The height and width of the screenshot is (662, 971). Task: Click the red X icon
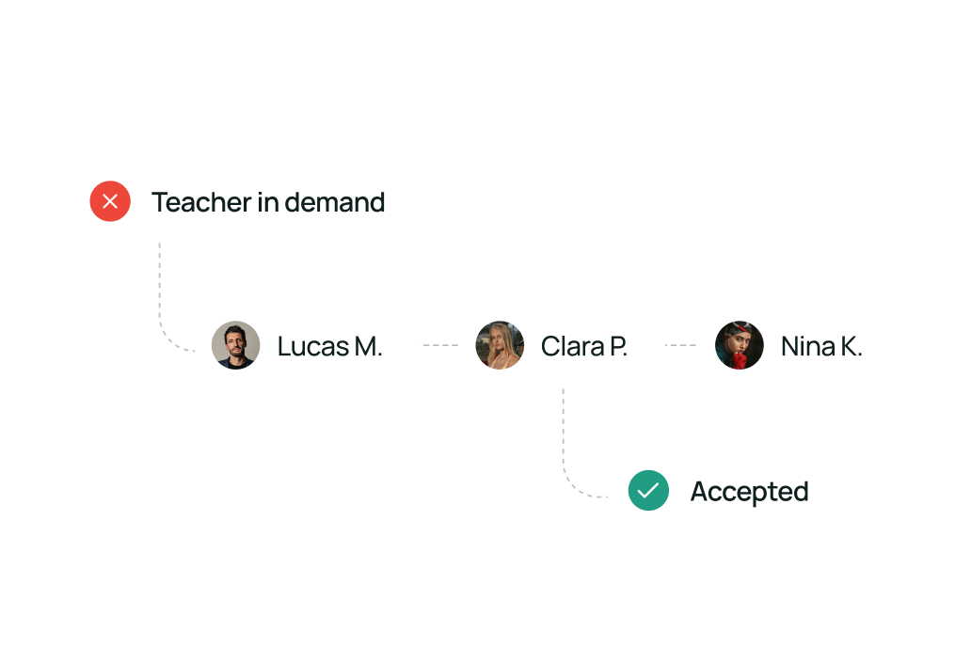tap(110, 201)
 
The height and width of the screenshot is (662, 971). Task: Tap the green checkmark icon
tap(648, 491)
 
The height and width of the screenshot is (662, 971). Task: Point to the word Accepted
tap(749, 492)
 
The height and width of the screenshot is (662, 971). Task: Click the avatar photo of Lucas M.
tap(235, 345)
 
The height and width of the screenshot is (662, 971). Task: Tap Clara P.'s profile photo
tap(500, 345)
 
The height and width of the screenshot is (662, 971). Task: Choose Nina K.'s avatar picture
tap(739, 345)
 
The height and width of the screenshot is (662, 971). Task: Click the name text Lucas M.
tap(329, 346)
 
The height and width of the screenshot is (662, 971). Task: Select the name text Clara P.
tap(583, 346)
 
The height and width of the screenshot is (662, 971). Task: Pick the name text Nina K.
tap(821, 346)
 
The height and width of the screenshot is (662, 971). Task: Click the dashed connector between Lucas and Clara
tap(438, 345)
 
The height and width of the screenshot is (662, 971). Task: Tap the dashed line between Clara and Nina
tap(681, 345)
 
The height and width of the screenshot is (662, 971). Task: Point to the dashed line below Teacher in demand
tap(159, 292)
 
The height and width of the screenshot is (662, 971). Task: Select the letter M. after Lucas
tap(369, 346)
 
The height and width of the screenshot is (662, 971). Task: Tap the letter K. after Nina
tap(851, 346)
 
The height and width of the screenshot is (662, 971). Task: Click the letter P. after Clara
tap(617, 346)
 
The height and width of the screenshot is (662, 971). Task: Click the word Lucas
tap(313, 346)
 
